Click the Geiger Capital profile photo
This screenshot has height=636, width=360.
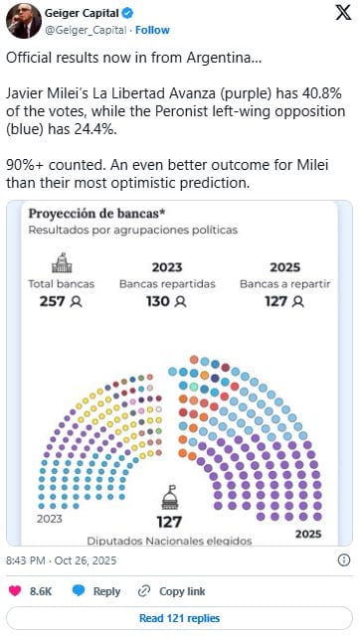coord(24,21)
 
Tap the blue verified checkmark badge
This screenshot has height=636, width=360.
coord(127,13)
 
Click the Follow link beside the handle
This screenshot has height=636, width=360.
coord(152,30)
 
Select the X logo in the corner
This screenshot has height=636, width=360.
coord(343,13)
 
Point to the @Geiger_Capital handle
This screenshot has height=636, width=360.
coord(86,30)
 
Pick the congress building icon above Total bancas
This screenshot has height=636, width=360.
coord(62,262)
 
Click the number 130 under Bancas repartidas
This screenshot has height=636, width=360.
coord(159,301)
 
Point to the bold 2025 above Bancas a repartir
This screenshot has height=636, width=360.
coord(284,267)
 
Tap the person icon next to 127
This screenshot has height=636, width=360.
coord(298,302)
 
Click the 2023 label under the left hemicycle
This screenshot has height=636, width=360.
coord(50,519)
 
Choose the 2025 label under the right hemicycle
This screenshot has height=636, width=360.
coord(308,534)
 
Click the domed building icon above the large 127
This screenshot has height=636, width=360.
coord(170,498)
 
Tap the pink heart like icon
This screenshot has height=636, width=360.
coord(15,591)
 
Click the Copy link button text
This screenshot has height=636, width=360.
coord(182,591)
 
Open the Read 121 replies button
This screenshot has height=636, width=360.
coord(179,618)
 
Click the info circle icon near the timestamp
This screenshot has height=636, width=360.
coord(344,560)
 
